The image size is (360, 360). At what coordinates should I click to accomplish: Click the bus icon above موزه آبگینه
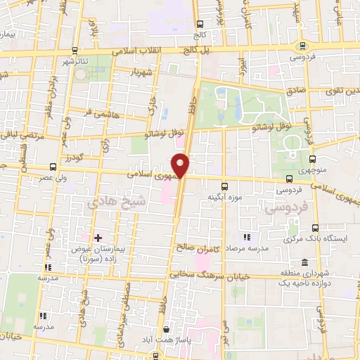[x=224, y=187]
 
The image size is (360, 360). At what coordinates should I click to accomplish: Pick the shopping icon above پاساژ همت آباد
[x=166, y=329]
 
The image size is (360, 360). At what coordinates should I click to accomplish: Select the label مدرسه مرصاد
[x=266, y=250]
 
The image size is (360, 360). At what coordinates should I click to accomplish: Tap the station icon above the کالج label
[x=200, y=22]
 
